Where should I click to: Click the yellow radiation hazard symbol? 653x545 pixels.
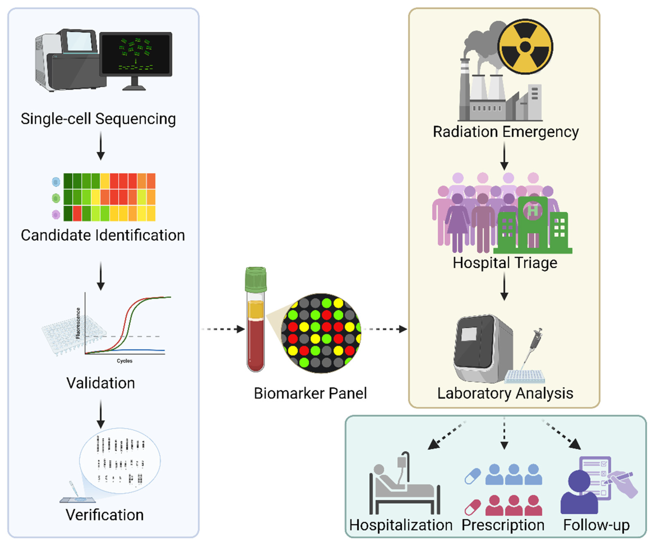click(525, 47)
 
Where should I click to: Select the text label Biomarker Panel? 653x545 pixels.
click(310, 393)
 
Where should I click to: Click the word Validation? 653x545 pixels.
click(101, 383)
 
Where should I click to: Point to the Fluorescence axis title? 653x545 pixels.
click(78, 323)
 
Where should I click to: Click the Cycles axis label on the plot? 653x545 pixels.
click(125, 361)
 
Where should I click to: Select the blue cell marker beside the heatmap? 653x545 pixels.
click(56, 182)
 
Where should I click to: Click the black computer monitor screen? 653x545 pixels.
click(136, 54)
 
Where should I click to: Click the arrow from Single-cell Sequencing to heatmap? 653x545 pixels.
click(101, 145)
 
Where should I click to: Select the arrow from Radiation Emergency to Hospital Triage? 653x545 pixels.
click(504, 156)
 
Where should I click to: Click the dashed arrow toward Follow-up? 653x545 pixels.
click(561, 435)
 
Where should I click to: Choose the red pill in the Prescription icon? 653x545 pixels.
click(473, 507)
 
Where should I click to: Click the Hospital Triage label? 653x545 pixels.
click(505, 263)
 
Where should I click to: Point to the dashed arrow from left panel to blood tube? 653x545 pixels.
click(223, 329)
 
